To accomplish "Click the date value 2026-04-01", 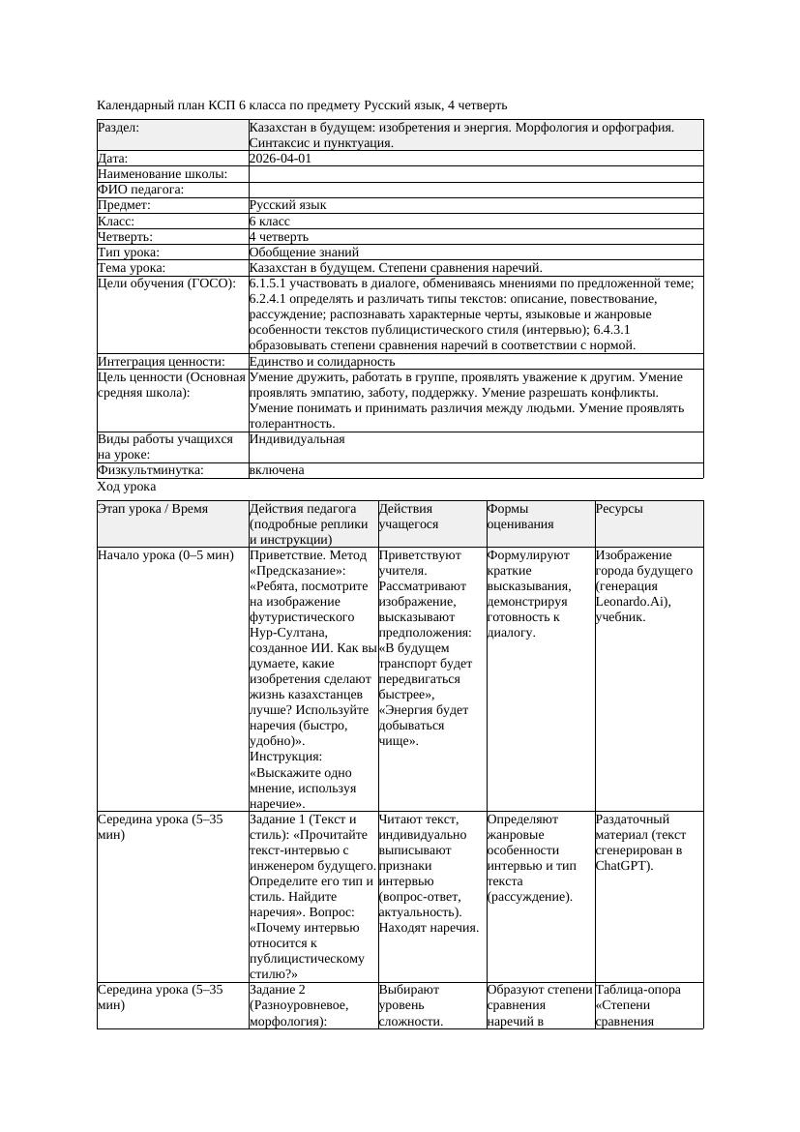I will [x=281, y=159].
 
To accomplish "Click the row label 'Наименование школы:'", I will [x=163, y=174].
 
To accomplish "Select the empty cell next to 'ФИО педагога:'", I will [x=475, y=190].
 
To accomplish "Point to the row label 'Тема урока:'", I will [x=132, y=267].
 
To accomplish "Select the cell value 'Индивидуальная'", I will [x=297, y=438].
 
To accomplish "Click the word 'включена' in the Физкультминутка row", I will [x=277, y=469].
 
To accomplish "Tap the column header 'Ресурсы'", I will [x=619, y=508].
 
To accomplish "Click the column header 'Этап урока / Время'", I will [x=153, y=508].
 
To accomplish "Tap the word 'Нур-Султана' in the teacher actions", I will [x=286, y=633].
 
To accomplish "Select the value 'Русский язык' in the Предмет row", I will [x=287, y=205].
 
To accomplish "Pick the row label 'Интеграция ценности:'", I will [x=161, y=361].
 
